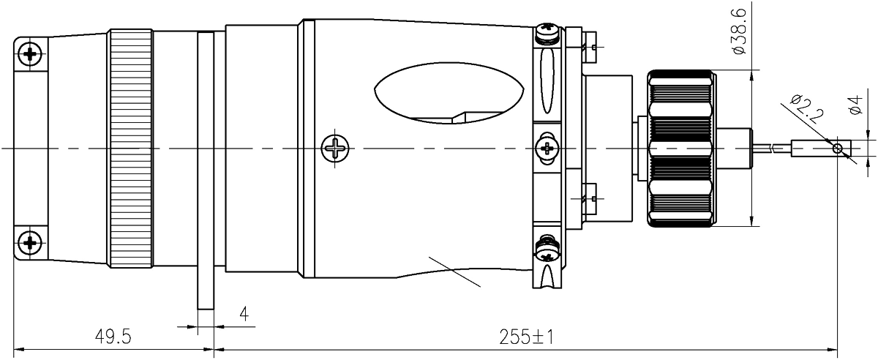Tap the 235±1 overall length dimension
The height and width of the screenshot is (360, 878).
[525, 337]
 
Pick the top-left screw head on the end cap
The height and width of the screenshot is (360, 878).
[30, 53]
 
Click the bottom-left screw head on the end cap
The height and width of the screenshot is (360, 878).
[30, 242]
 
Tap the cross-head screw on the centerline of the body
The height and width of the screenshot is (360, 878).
[334, 149]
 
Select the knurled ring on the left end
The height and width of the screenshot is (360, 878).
[132, 149]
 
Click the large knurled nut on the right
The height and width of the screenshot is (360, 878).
[680, 149]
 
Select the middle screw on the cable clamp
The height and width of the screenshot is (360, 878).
[548, 149]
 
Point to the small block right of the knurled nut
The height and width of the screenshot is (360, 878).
[735, 149]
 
